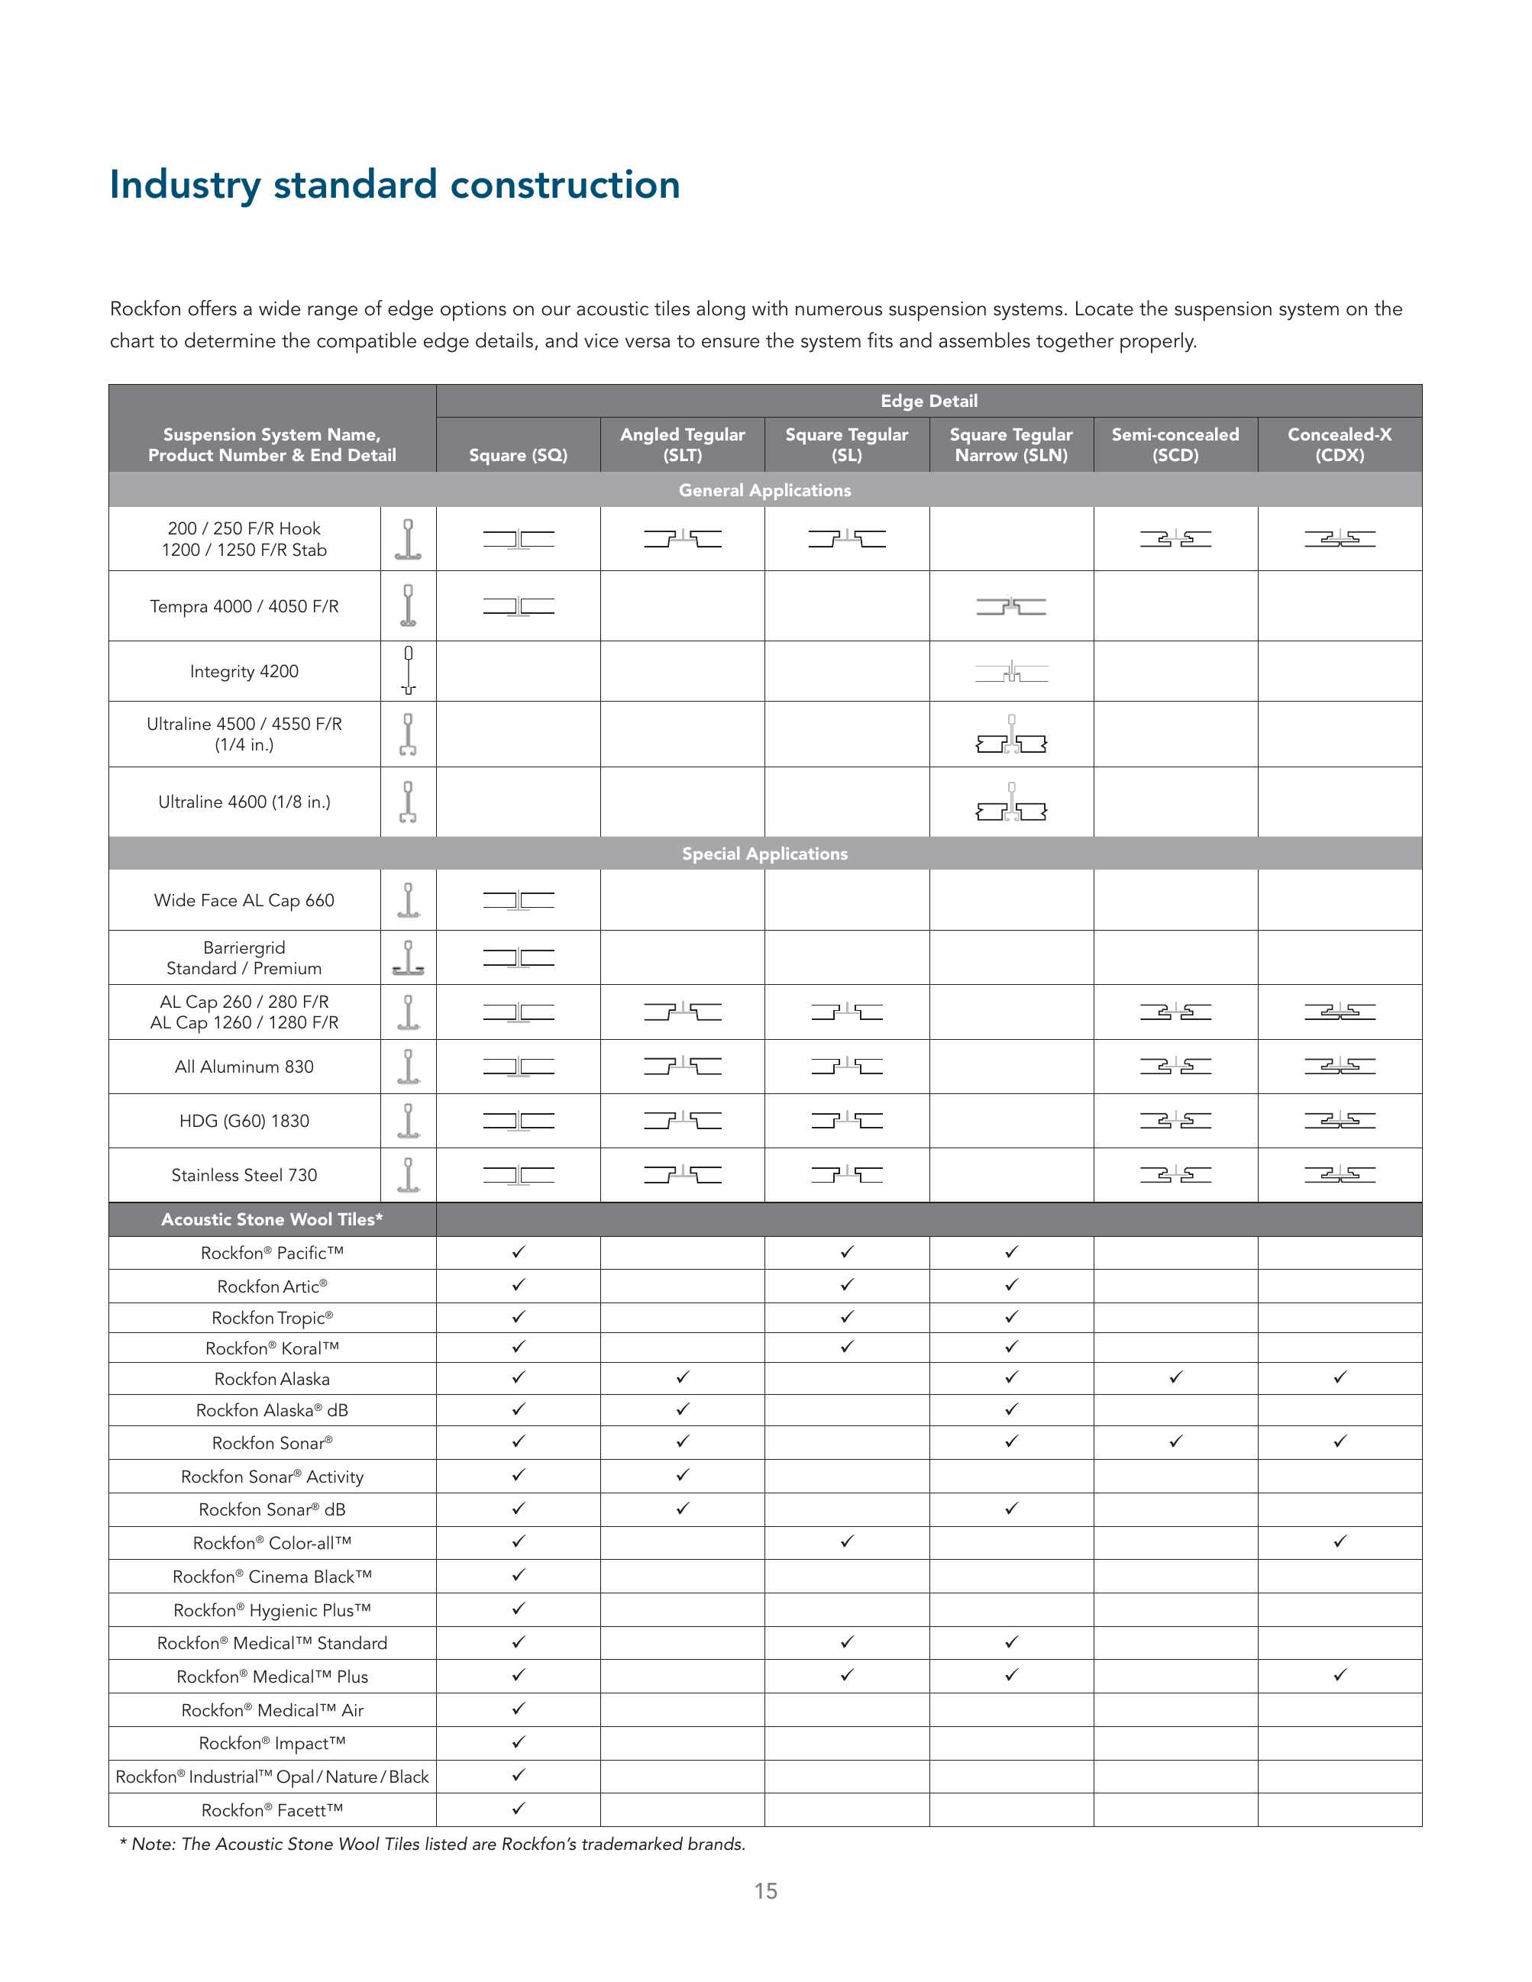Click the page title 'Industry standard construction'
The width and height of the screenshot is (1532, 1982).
coord(395,185)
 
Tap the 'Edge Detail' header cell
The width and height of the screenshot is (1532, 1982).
coord(929,401)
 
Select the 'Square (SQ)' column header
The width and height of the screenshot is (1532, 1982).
coord(519,455)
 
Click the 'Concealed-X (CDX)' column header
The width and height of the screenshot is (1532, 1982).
coord(1339,444)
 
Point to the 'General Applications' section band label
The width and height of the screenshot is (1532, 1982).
coord(764,490)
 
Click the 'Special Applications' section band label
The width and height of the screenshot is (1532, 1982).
coord(764,854)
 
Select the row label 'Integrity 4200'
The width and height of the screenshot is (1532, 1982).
coord(244,672)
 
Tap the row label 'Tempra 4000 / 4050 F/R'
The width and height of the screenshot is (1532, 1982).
coord(244,606)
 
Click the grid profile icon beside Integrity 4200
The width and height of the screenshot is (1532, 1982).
coord(409,670)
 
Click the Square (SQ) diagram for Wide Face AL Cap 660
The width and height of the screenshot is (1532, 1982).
coord(519,901)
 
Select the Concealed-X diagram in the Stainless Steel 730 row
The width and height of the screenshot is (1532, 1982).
coord(1340,1175)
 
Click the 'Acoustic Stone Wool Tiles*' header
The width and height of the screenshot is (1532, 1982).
coord(271,1220)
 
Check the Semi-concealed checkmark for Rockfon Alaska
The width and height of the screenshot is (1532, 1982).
coord(1175,1377)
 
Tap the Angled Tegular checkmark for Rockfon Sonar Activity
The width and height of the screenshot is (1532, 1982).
coord(683,1476)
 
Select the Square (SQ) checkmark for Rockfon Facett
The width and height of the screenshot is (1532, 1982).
coord(519,1809)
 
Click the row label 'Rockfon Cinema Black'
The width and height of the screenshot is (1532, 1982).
coord(271,1577)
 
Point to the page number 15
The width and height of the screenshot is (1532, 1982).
coord(765,1891)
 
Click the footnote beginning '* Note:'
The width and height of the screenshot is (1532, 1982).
coord(433,1844)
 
